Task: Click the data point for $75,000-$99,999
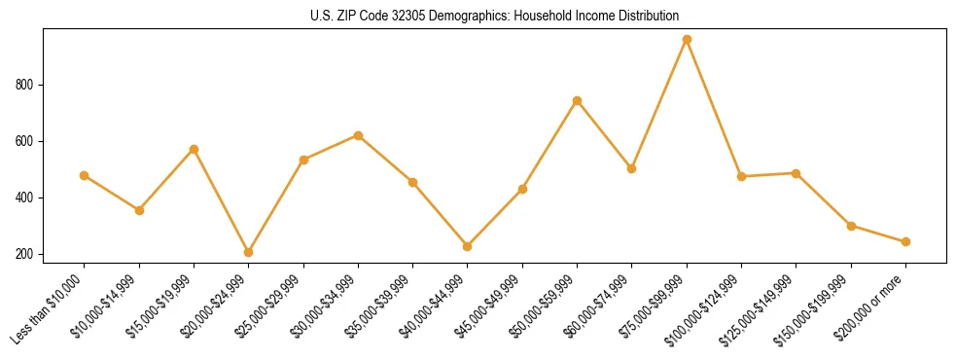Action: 687,39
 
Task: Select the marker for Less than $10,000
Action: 85,175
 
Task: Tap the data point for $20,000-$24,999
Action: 249,252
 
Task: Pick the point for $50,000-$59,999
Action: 577,100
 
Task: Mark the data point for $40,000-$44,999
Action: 468,246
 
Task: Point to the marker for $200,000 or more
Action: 905,241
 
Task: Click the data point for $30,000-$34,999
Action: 358,135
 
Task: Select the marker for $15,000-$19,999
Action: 194,149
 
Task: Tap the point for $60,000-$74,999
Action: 632,168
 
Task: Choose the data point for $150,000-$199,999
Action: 851,226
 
